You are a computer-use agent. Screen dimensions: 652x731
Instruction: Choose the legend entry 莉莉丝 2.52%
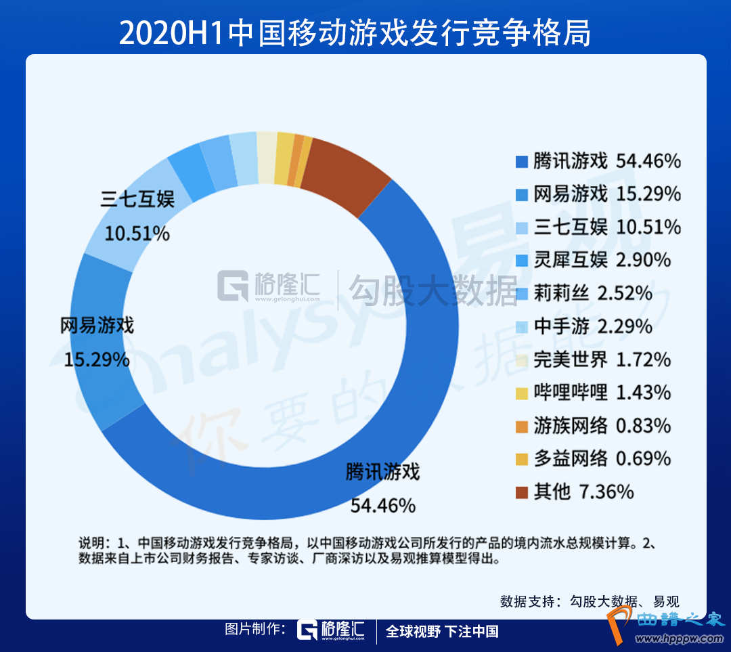coord(592,293)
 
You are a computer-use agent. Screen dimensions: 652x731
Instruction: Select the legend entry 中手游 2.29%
coord(592,326)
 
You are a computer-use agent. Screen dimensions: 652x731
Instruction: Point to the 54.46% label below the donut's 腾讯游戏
coord(383,505)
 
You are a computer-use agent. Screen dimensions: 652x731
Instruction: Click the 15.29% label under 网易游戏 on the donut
coord(97,359)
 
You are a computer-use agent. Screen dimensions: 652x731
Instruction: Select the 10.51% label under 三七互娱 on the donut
coord(137,234)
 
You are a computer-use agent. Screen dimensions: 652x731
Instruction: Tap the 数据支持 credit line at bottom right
coord(589,601)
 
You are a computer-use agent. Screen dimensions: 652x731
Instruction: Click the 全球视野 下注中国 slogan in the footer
coord(442,631)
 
